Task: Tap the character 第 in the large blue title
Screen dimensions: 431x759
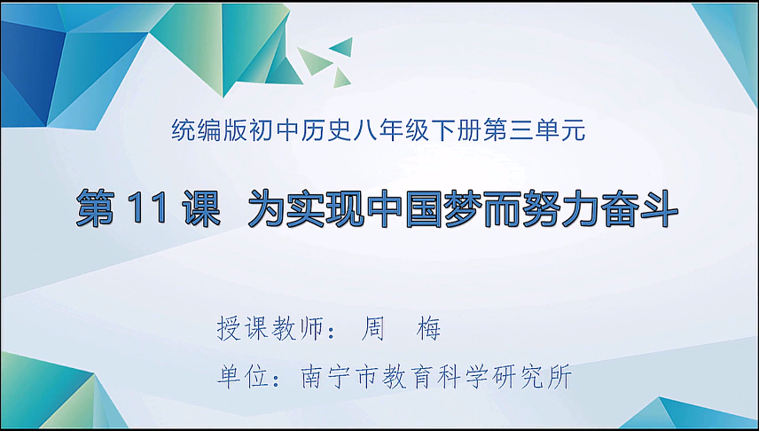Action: click(x=98, y=211)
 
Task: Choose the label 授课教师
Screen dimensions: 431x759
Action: click(x=267, y=330)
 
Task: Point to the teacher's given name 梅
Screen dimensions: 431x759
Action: click(x=428, y=330)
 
